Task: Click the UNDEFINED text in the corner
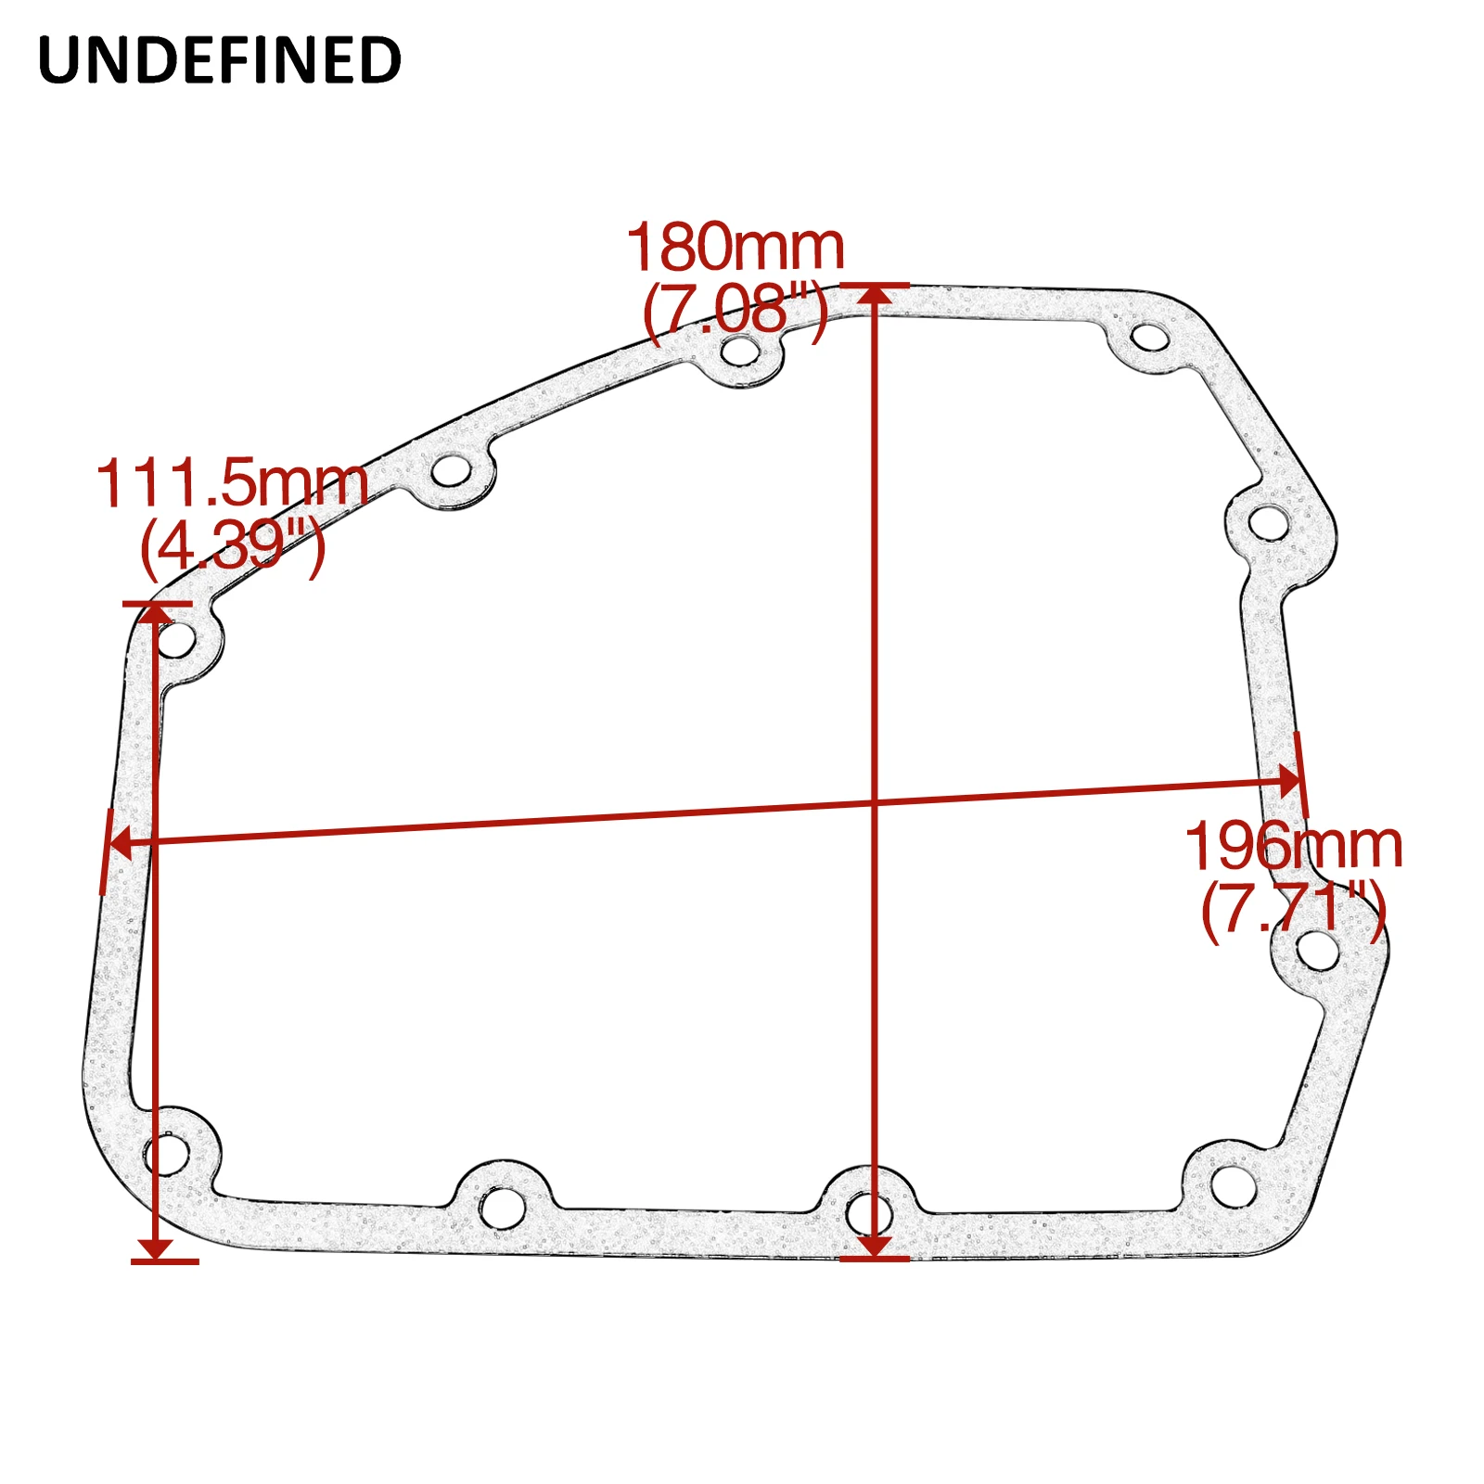[220, 60]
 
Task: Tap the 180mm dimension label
[736, 248]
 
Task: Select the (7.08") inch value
[736, 310]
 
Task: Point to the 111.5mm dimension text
[232, 483]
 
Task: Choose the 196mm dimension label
[1294, 846]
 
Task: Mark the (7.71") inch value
[1294, 908]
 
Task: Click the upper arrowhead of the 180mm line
[875, 295]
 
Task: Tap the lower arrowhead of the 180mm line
[875, 1247]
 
